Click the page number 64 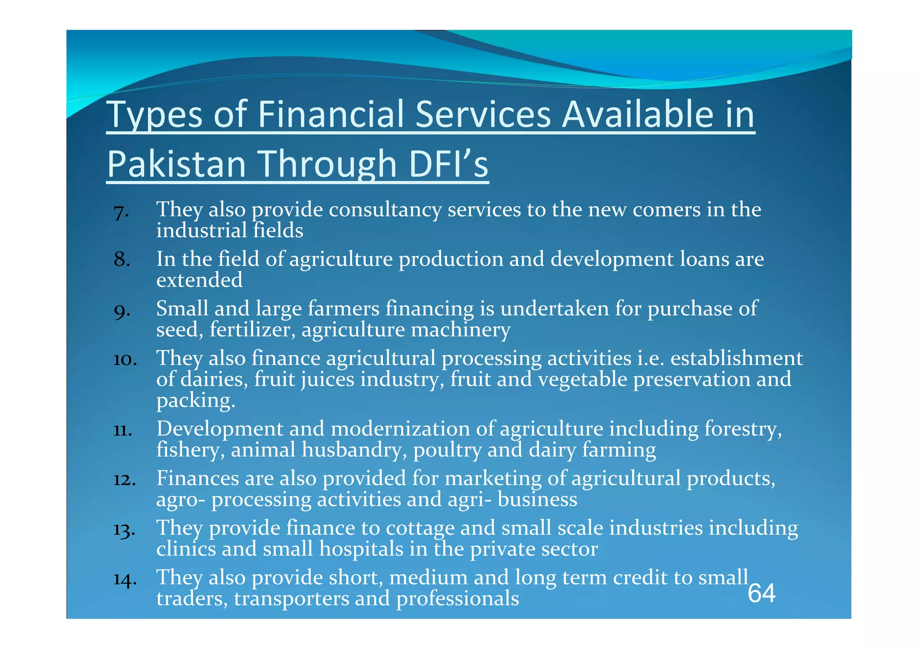pos(761,593)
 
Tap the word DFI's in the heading pos(448,164)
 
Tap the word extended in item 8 pos(199,280)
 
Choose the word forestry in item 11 pos(743,429)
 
